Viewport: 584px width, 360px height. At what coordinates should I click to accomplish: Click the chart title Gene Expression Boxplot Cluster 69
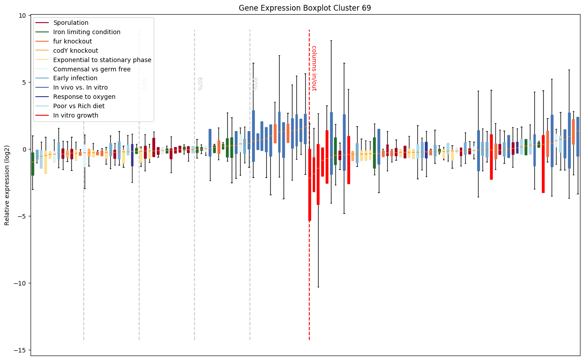pos(305,8)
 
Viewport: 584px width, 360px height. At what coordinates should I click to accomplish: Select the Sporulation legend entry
pos(70,23)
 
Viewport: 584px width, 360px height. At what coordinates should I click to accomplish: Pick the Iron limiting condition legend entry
pos(86,32)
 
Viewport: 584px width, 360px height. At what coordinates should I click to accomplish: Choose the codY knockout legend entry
pos(75,51)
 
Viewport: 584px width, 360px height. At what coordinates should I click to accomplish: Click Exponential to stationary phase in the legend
pos(102,60)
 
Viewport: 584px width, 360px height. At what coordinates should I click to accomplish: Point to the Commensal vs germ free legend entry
pos(91,69)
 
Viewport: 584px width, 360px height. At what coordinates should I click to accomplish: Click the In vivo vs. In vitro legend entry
pos(80,88)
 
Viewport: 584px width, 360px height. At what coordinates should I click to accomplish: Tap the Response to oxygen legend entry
pos(84,97)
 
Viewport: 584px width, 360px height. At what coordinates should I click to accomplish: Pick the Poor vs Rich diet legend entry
pos(79,106)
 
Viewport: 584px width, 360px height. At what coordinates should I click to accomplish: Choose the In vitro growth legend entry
pos(76,116)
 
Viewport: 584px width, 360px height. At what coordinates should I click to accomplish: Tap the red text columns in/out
pos(314,68)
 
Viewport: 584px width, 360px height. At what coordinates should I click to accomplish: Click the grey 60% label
pos(200,83)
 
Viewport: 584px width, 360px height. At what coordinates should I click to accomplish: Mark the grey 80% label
pos(255,83)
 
